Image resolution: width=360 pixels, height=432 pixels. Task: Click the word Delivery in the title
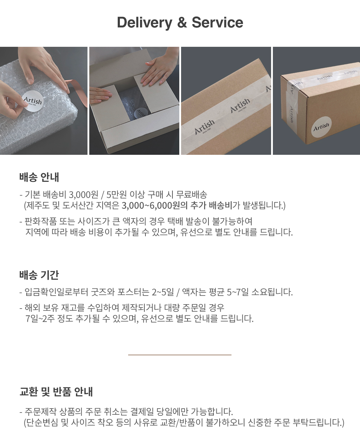[144, 23]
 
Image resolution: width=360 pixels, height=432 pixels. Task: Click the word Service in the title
[217, 22]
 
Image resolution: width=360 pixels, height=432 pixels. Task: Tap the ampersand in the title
[182, 22]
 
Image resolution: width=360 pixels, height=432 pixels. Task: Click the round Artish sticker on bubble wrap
[33, 101]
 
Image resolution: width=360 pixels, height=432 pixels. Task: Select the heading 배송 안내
[39, 177]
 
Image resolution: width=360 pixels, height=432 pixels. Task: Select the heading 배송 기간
[39, 275]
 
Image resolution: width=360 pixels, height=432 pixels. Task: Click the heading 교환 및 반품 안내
[56, 391]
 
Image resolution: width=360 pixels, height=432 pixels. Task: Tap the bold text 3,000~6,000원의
[154, 206]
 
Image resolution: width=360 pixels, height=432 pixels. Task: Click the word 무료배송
[192, 194]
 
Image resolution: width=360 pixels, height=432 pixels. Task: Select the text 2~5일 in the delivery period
[163, 292]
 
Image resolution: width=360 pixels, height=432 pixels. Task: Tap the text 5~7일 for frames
[238, 292]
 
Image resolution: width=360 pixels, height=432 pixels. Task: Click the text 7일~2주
[40, 319]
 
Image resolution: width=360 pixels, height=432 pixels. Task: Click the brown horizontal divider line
[180, 355]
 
